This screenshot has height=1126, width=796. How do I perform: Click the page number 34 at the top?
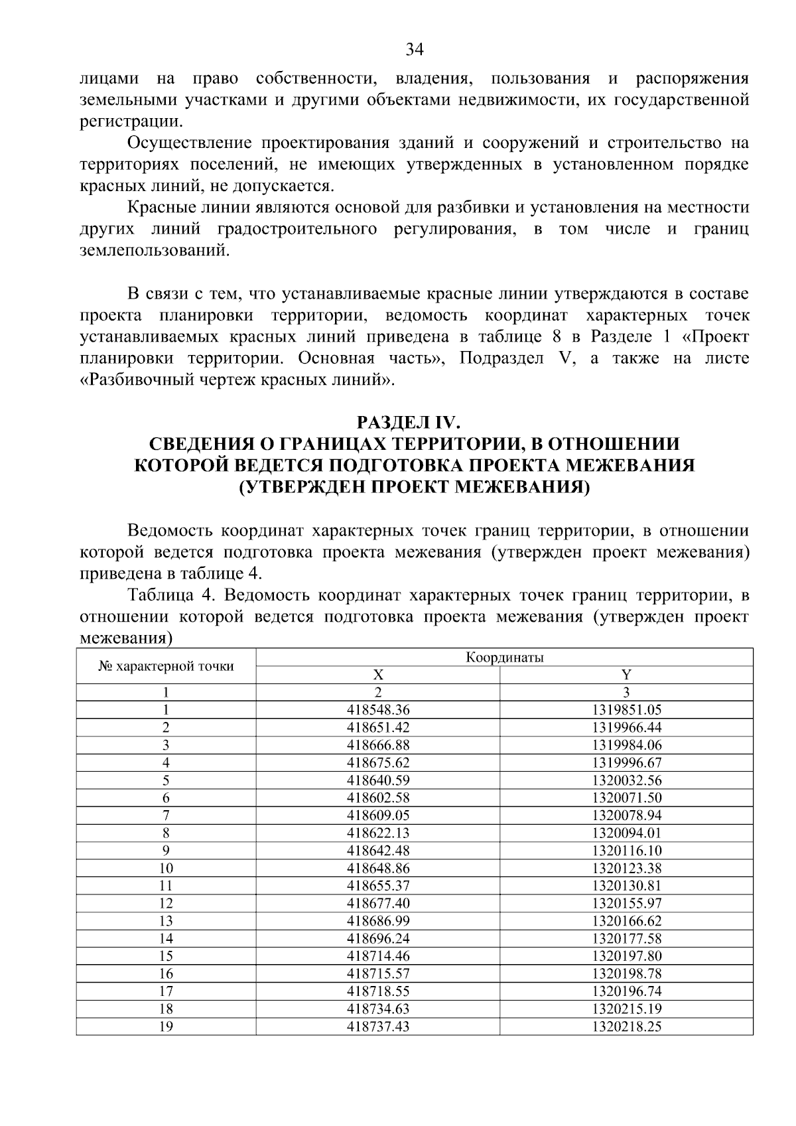point(414,50)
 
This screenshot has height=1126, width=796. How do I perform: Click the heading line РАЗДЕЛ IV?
point(414,423)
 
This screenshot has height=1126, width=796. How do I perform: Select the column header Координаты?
point(504,658)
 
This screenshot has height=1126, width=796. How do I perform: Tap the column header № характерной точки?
point(166,666)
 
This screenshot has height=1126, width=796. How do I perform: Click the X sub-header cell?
point(377,675)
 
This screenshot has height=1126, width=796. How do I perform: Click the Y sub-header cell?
point(626,675)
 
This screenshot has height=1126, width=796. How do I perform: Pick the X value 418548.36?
point(378,710)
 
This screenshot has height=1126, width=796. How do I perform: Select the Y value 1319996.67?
point(626,762)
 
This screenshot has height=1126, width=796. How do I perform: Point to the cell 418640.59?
point(378,780)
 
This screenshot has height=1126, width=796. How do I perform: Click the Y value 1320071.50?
point(626,798)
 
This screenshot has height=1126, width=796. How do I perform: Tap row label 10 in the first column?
point(166,868)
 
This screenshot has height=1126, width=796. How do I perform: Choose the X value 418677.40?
point(378,903)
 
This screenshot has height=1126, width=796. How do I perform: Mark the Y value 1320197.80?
point(626,956)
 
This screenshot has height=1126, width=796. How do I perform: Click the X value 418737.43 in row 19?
point(378,1026)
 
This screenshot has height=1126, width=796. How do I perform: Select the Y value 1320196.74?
point(626,991)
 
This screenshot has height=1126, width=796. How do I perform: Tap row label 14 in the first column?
point(166,938)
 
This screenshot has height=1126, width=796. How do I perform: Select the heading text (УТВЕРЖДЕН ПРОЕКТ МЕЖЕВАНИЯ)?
point(414,487)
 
